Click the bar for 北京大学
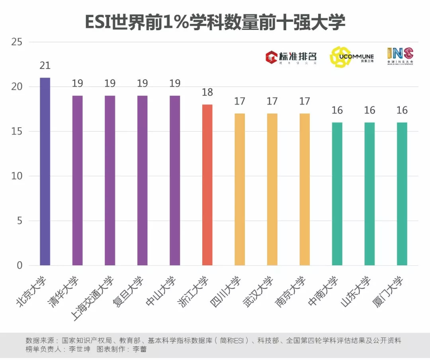(45, 171)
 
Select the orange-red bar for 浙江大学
(207, 185)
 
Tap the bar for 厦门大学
(402, 194)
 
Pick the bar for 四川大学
(240, 189)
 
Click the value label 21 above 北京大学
(45, 66)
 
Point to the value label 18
(207, 92)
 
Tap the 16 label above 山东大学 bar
(369, 110)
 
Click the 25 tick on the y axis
(17, 42)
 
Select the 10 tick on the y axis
(17, 176)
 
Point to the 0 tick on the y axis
(20, 265)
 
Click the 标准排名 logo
(291, 57)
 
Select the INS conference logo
(400, 56)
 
